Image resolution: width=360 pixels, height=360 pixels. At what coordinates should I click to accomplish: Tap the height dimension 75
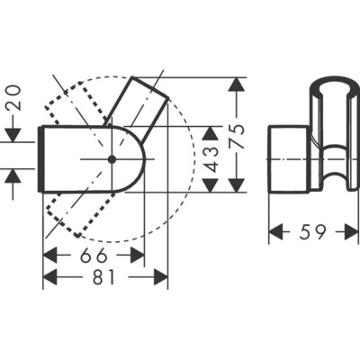point(238,137)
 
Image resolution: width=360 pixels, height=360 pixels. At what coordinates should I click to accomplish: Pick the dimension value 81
point(104,278)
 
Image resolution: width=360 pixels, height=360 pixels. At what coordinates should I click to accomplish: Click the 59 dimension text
point(313,232)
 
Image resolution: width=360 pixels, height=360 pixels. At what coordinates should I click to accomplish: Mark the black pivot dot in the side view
point(112,158)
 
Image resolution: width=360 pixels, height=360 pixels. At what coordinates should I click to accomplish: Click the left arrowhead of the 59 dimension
point(276,232)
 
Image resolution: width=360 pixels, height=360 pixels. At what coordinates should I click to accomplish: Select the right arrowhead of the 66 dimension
point(139,256)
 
